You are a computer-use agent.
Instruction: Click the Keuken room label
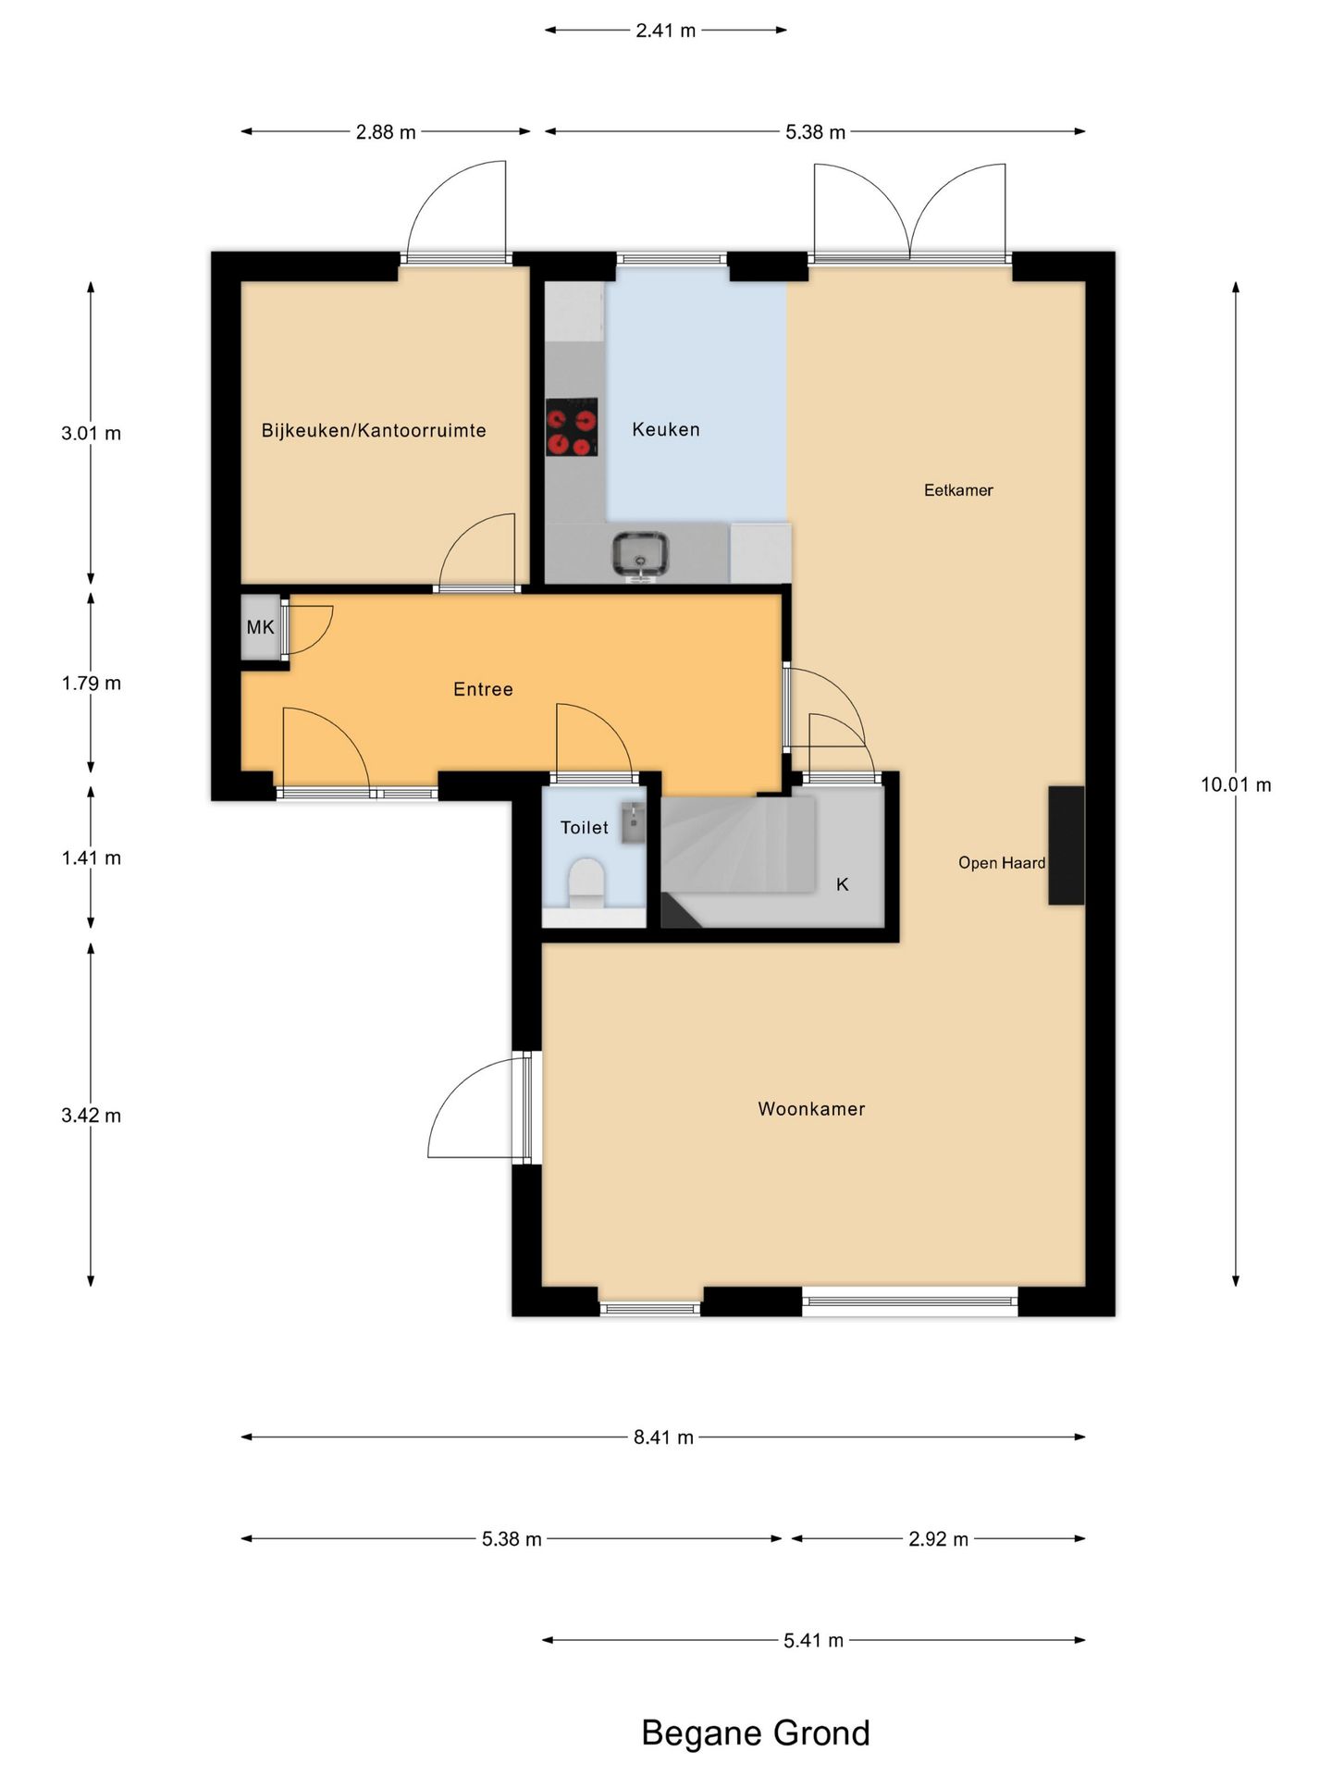666,429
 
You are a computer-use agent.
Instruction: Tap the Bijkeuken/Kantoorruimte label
374,430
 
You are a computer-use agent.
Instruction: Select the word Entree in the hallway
483,689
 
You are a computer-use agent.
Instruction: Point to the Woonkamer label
811,1109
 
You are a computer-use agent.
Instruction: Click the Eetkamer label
958,490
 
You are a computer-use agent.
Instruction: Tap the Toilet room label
585,828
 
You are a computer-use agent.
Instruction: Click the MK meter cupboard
261,627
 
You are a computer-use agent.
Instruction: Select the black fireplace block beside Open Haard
1066,845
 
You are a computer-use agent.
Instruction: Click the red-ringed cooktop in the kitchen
571,427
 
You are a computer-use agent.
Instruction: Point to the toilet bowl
586,882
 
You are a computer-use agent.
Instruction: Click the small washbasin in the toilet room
633,822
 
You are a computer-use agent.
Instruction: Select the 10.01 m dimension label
1236,785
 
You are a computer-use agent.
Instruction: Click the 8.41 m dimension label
663,1437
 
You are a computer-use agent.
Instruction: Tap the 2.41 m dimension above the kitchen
666,31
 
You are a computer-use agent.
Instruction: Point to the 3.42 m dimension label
92,1116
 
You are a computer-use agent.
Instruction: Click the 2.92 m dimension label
938,1539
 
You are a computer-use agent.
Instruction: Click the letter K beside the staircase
843,884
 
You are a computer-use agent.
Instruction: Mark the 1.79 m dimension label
92,684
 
